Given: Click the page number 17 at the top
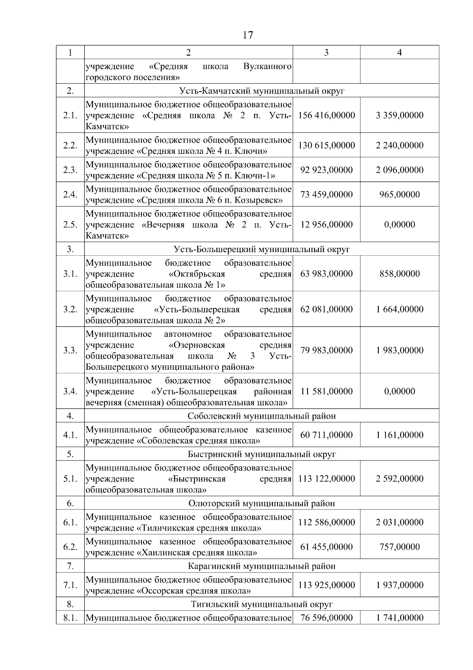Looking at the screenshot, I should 248,36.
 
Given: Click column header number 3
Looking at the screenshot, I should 326,52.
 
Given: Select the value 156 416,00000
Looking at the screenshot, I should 326,115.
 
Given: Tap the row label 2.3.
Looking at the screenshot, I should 70,170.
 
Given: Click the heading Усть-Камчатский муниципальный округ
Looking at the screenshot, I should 262,91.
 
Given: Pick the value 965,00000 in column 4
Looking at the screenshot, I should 399,195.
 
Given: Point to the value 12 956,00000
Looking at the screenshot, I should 326,225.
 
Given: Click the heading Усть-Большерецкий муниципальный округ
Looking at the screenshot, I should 262,249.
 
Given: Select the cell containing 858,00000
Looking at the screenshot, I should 399,274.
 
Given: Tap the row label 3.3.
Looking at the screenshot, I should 70,350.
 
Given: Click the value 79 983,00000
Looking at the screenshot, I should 326,350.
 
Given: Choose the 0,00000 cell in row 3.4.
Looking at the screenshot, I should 399,391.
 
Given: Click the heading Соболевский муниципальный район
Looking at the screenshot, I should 262,416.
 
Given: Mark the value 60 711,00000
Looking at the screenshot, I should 326,435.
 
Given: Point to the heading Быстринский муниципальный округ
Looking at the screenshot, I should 262,454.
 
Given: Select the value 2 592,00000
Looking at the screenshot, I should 399,479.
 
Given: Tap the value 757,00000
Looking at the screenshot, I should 399,547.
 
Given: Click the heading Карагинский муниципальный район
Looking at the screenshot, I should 262,566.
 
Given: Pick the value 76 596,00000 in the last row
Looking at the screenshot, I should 326,618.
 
